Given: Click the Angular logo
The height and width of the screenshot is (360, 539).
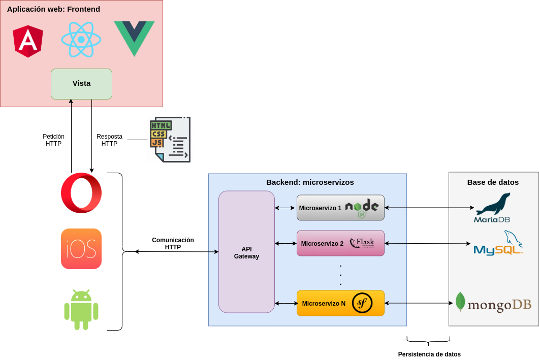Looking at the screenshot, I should (28, 41).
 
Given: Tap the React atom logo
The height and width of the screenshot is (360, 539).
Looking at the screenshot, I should (81, 40).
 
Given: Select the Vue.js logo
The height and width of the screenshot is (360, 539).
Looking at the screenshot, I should (134, 38).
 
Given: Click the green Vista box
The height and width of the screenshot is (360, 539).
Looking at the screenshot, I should (81, 84).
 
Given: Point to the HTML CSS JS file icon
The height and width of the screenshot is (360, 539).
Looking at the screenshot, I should (170, 140).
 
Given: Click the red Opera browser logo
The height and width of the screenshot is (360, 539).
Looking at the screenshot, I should (81, 193).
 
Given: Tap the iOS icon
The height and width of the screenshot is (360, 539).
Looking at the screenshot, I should (81, 249).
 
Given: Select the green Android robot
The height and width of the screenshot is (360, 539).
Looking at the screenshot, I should (81, 310).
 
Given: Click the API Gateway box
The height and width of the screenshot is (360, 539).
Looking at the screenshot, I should (246, 252).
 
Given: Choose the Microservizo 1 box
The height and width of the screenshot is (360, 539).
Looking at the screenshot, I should (320, 208).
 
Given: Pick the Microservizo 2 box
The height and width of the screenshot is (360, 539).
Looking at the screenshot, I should (322, 243).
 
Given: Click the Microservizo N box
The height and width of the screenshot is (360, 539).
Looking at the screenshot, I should (324, 303).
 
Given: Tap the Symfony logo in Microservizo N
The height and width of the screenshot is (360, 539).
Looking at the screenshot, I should (362, 303).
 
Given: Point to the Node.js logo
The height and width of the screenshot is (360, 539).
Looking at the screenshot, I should (362, 208).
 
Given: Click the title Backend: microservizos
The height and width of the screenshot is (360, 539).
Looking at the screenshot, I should (310, 182).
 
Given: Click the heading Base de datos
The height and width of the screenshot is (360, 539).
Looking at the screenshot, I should (493, 182).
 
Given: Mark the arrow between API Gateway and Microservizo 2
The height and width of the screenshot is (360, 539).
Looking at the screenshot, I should (285, 243).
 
